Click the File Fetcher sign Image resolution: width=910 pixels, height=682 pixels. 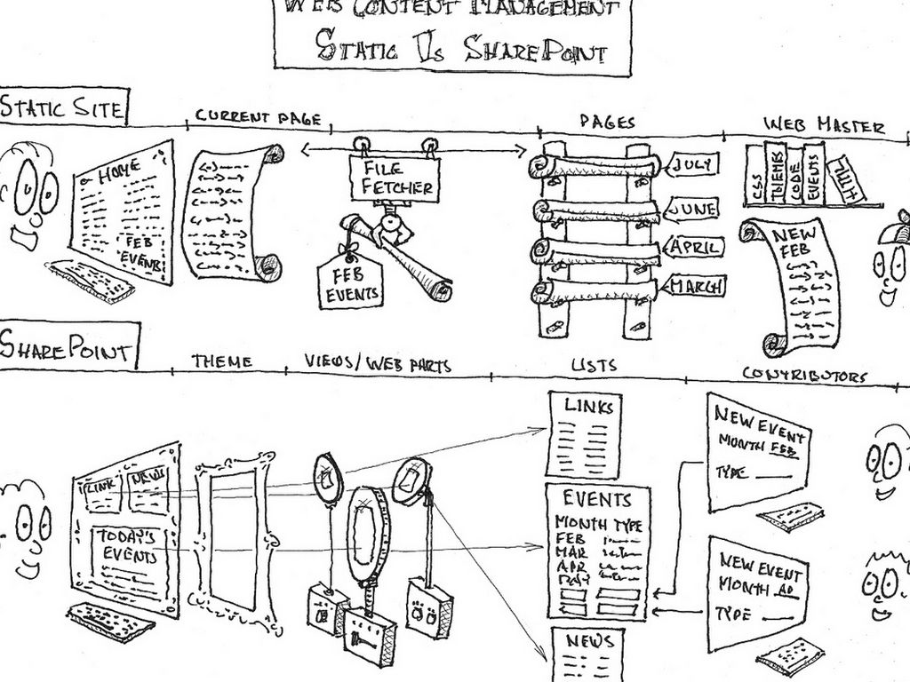coord(392,178)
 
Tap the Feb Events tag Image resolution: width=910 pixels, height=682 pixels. coord(350,283)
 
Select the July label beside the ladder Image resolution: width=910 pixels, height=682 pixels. coord(694,164)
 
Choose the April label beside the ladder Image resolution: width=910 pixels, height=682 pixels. coord(694,248)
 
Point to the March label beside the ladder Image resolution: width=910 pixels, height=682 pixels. coord(696,286)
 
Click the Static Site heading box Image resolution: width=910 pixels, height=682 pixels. coord(63,108)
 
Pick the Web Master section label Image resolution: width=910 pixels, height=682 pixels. coord(825,125)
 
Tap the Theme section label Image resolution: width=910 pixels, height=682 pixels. coord(221,361)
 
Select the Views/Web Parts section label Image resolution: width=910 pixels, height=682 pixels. coord(378,363)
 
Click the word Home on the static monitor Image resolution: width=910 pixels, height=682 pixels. coord(120,174)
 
